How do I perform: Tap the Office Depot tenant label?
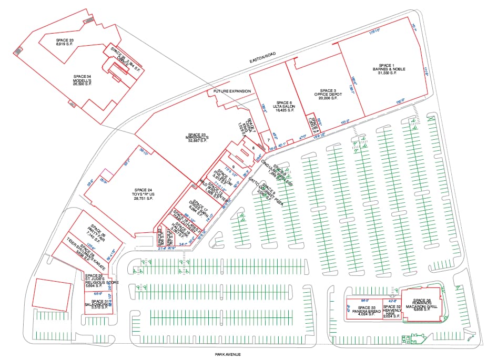325,93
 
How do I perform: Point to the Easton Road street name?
262,57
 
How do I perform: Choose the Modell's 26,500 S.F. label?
86,79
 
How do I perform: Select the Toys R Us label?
143,193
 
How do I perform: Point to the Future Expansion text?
232,91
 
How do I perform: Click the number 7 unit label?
268,140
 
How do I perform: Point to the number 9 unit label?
233,167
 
